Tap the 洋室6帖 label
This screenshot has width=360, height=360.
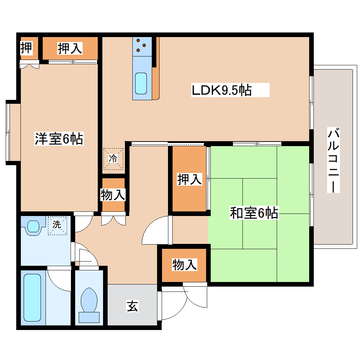(59, 139)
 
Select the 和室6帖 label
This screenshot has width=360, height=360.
(254, 213)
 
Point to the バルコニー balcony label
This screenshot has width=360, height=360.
(334, 161)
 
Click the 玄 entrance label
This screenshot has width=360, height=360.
(132, 306)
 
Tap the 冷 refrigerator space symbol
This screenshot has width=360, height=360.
(113, 158)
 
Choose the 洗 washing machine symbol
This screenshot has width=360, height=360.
(57, 224)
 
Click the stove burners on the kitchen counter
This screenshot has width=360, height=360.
(142, 45)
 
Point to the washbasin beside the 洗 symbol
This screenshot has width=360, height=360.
(33, 226)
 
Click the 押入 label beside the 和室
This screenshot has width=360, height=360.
(190, 179)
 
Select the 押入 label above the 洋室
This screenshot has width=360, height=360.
(70, 48)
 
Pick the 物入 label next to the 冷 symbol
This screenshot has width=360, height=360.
(113, 194)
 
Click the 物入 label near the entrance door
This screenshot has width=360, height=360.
(184, 264)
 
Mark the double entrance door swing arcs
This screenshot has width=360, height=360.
(184, 302)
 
